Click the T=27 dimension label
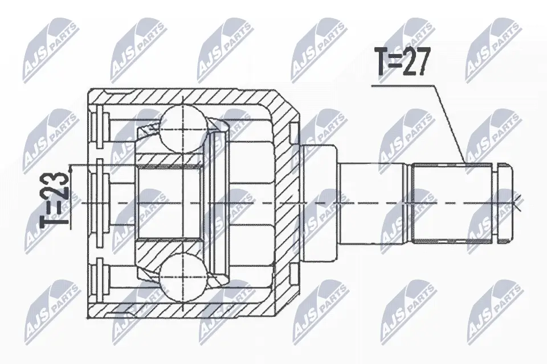click(401, 62)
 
